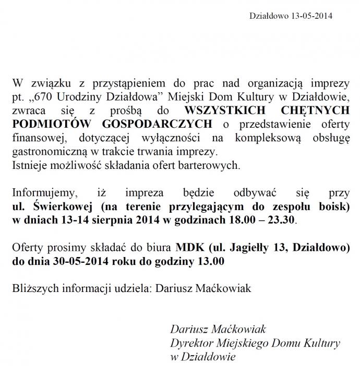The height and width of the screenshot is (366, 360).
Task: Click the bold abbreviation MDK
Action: [x=188, y=247]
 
